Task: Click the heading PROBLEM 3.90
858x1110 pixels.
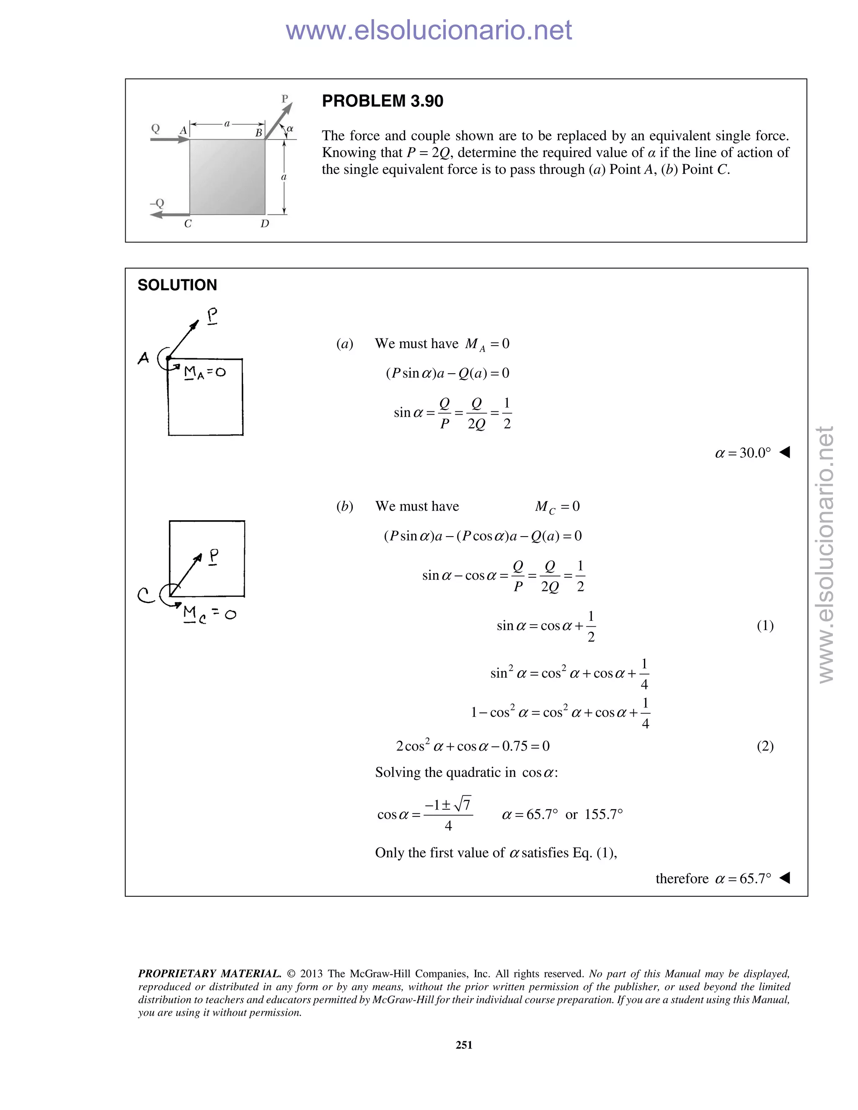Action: pos(382,101)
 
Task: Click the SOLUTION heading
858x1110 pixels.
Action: pos(177,285)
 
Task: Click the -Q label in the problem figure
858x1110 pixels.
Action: pos(157,203)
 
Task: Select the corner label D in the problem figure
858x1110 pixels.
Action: pos(265,224)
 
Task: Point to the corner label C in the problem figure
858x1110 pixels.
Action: pos(188,224)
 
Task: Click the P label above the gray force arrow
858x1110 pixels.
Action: pos(284,98)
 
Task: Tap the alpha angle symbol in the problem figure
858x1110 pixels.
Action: pos(290,129)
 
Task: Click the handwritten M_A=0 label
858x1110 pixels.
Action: pos(205,373)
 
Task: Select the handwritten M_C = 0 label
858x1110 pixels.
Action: pos(209,614)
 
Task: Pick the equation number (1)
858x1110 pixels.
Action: pos(765,626)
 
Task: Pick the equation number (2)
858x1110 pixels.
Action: pos(765,746)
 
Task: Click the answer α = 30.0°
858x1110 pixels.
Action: pos(743,453)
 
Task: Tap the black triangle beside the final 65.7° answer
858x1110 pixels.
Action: pos(785,878)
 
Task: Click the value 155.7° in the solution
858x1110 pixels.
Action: pos(603,815)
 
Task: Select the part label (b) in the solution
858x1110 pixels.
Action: pos(345,506)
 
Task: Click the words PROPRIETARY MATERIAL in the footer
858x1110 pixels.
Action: pos(209,974)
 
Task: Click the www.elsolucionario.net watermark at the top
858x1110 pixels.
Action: pos(429,31)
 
